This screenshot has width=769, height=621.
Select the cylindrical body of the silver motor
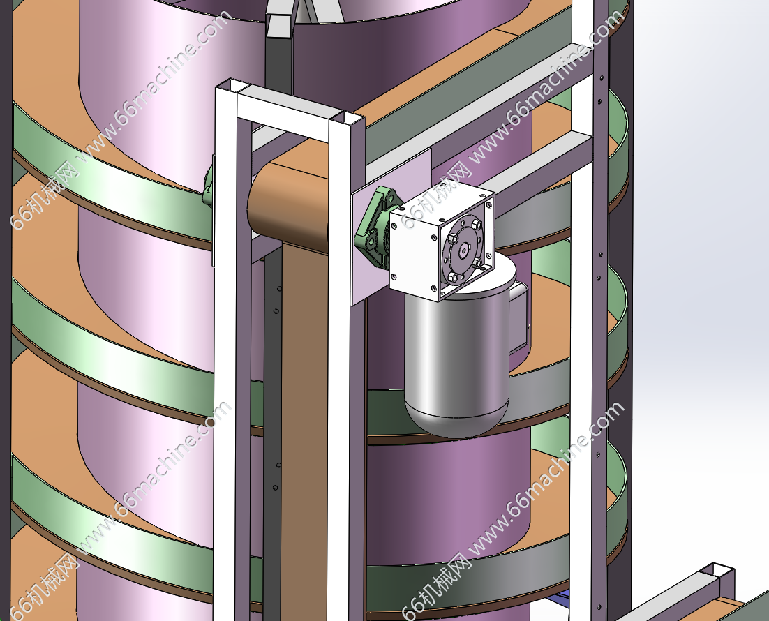[x=456, y=353]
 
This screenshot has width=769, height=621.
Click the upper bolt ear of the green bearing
[x=387, y=196]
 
